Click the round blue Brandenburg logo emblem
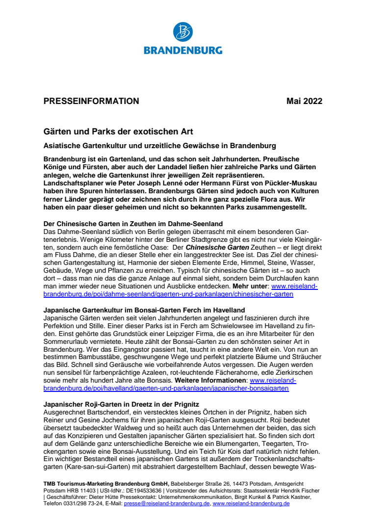[183, 32]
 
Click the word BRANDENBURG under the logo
[183, 50]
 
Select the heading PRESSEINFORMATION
[91, 102]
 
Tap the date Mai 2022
[304, 102]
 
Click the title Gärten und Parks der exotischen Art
[118, 131]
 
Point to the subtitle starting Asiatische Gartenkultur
[160, 146]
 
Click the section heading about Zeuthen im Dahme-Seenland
[133, 224]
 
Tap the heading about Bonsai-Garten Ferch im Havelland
[144, 310]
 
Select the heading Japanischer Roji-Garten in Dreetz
[121, 404]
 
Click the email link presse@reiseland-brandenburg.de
[167, 503]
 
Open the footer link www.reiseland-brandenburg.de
[251, 503]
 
